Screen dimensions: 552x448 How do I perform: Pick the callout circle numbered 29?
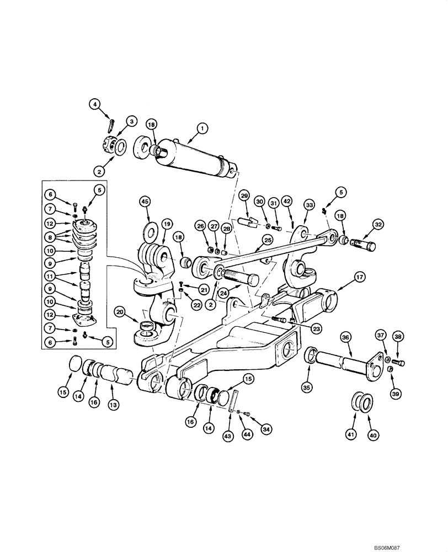[x=244, y=196]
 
